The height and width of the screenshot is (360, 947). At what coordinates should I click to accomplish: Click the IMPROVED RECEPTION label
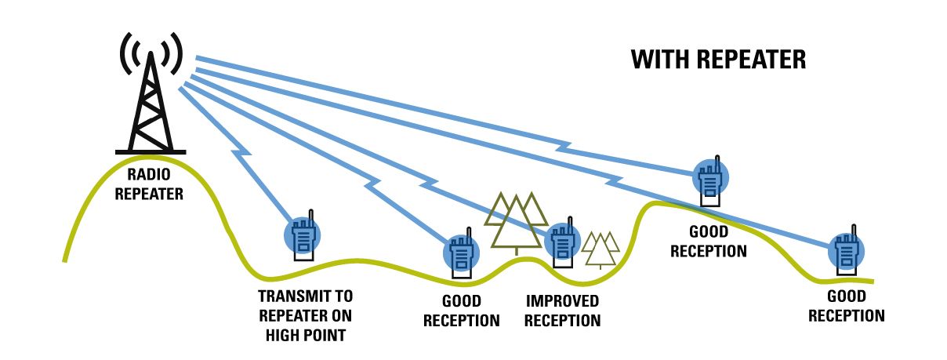[x=563, y=311]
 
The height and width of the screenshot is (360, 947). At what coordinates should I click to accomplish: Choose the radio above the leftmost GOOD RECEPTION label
[x=459, y=252]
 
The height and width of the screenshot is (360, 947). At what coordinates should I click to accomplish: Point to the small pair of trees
[x=600, y=249]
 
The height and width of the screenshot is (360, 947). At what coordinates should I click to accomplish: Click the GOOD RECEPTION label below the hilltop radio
[x=709, y=242]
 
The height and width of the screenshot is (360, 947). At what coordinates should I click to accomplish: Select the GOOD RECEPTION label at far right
[x=847, y=306]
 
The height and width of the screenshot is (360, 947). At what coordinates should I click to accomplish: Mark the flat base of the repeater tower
[x=150, y=151]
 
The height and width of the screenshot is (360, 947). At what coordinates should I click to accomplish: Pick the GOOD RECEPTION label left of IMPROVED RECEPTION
[x=461, y=311]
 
